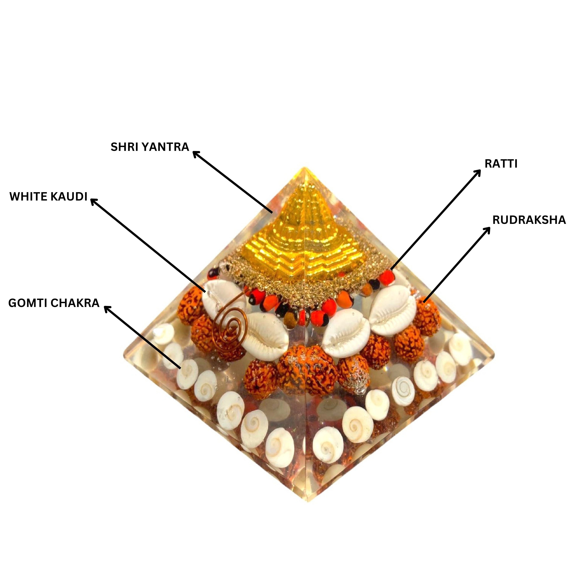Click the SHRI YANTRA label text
coord(150,147)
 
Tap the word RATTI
coord(501,164)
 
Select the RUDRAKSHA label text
coord(529,220)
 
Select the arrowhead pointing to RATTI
coord(478,172)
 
